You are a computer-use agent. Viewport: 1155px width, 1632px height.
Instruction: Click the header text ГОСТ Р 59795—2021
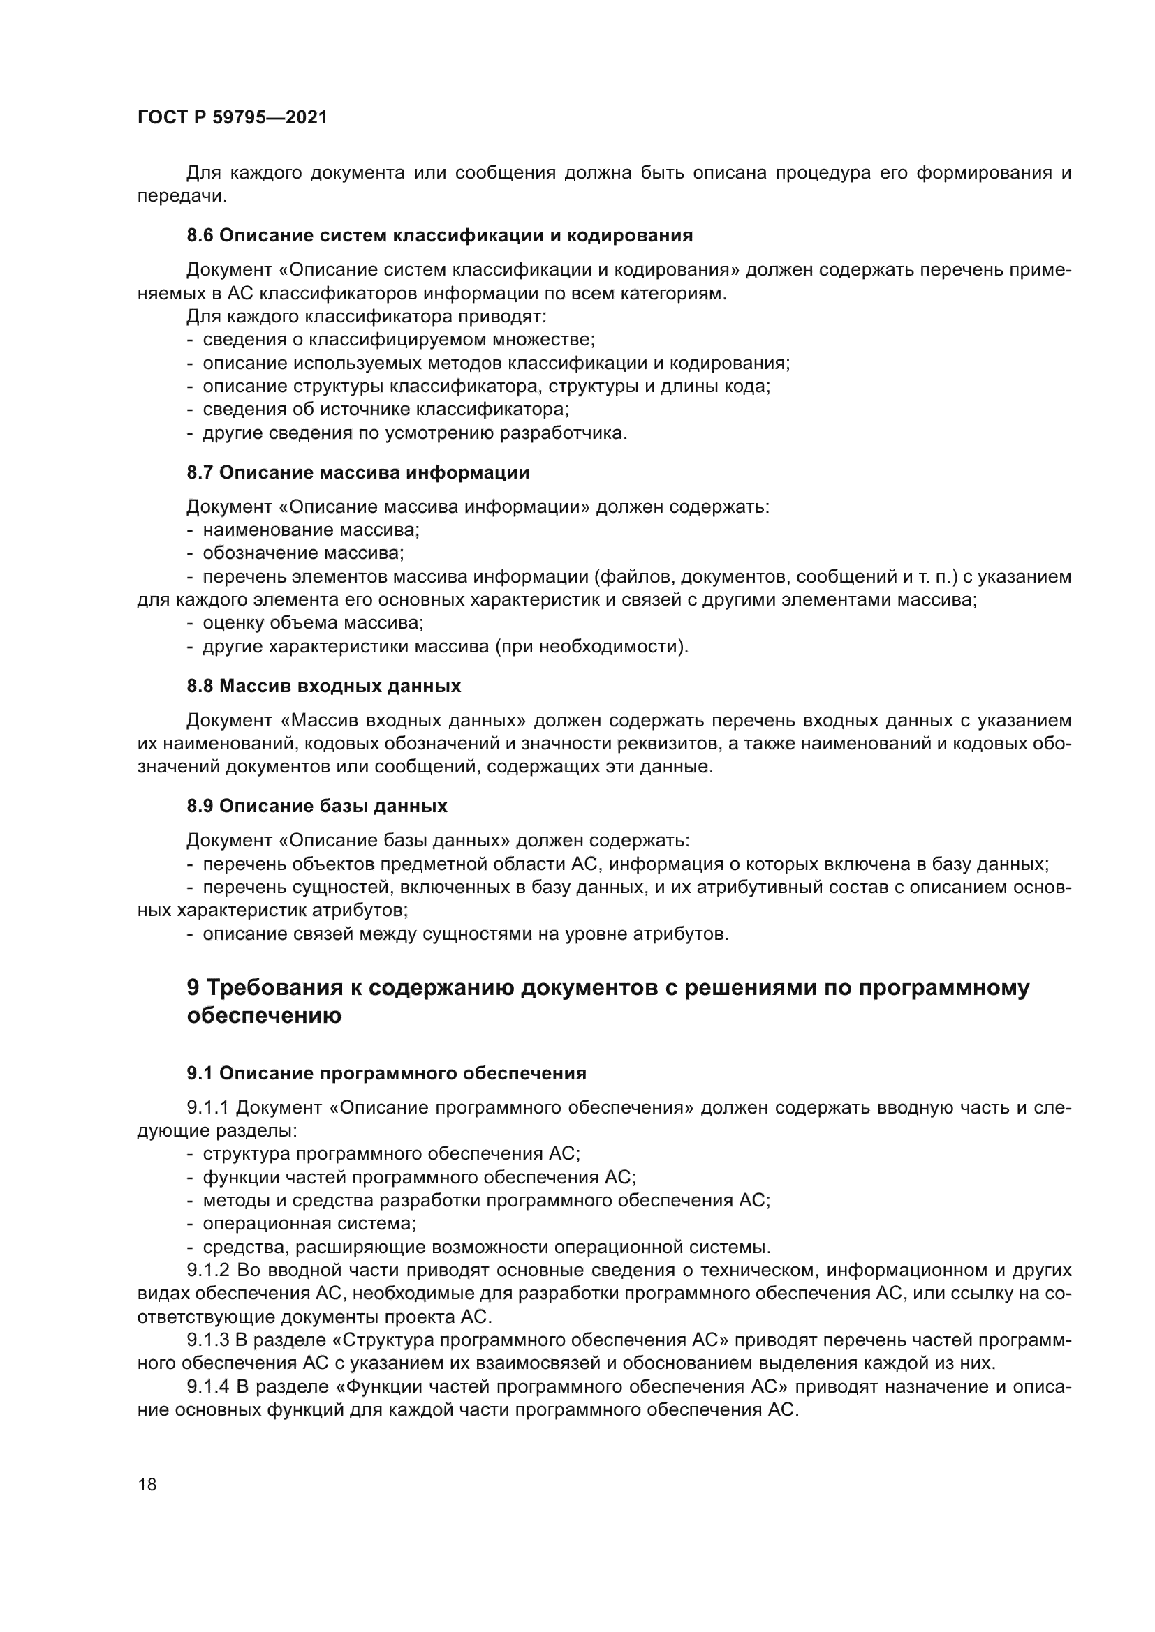pyautogui.click(x=233, y=117)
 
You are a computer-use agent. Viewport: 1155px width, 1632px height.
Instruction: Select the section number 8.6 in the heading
pyautogui.click(x=200, y=235)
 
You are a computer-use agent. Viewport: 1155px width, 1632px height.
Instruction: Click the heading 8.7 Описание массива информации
pyautogui.click(x=358, y=472)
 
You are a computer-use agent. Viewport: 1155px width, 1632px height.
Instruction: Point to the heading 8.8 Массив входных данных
pyautogui.click(x=323, y=686)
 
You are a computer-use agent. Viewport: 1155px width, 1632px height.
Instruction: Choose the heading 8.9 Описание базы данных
pyautogui.click(x=317, y=806)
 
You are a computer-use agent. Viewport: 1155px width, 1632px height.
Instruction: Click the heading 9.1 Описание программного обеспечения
pyautogui.click(x=386, y=1073)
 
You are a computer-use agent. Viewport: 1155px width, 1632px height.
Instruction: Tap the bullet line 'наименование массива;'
pyautogui.click(x=311, y=530)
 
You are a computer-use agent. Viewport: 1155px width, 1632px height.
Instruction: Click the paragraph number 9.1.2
pyautogui.click(x=207, y=1270)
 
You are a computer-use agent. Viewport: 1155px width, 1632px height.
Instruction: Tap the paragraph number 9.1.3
pyautogui.click(x=207, y=1340)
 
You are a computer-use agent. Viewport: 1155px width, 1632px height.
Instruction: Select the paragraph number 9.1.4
pyautogui.click(x=207, y=1387)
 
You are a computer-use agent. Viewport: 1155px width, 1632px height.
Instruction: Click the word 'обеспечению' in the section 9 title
pyautogui.click(x=264, y=1016)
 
